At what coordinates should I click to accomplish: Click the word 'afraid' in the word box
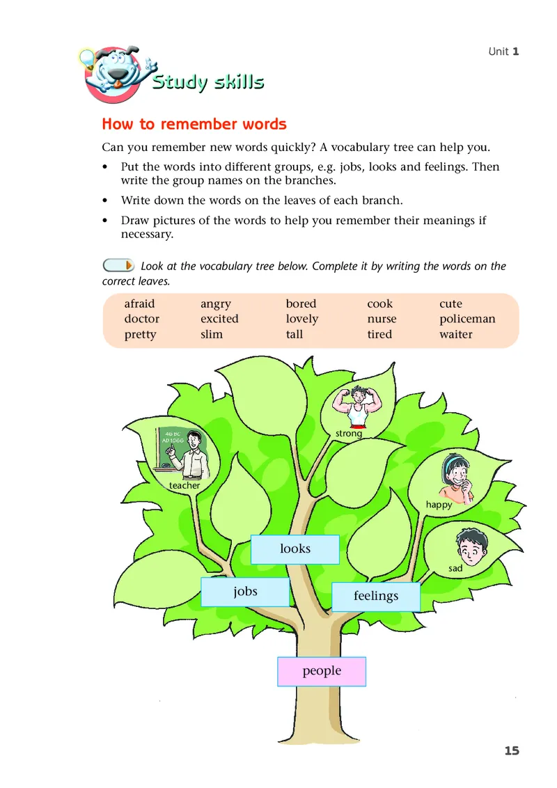point(139,304)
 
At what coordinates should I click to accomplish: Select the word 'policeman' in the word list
point(467,320)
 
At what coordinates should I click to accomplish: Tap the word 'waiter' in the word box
point(455,335)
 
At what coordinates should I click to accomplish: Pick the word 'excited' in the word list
point(219,320)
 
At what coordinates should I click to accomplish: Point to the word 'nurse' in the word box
point(382,320)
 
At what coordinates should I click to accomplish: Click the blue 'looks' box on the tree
point(295,549)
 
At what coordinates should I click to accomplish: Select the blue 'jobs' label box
point(245,592)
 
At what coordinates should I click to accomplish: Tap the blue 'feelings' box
point(376,597)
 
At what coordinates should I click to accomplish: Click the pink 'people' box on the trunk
point(322,671)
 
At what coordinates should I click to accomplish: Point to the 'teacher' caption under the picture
point(185,486)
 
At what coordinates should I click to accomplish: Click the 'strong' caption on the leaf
point(349,434)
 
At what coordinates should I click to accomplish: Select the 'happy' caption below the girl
point(439,505)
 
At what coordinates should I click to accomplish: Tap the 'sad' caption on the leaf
point(455,569)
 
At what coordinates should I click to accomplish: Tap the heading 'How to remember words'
point(194,125)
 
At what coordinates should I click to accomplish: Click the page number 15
point(512,750)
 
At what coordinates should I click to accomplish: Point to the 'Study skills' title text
point(208,82)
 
